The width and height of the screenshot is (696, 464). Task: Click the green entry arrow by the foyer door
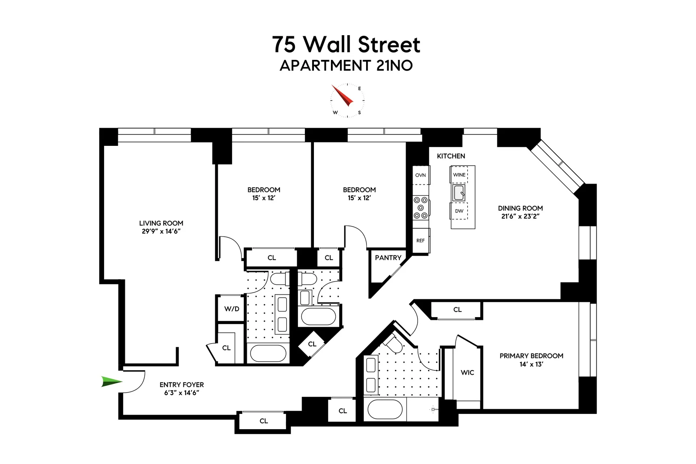[111, 382]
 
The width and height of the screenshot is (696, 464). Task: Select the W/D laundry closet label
[232, 309]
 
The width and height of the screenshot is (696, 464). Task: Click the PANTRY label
[388, 258]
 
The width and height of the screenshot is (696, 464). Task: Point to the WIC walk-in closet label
[467, 373]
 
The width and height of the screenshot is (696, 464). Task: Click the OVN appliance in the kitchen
[420, 175]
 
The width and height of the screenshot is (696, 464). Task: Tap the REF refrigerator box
[420, 241]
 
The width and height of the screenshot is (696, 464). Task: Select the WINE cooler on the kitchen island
[459, 175]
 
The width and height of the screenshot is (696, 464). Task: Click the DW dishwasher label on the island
[459, 211]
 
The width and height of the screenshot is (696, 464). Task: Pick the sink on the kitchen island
[459, 193]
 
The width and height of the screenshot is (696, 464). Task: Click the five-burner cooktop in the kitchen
[420, 208]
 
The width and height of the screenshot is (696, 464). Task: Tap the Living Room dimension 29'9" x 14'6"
[161, 231]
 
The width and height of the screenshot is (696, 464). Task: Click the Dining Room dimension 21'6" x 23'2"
[520, 217]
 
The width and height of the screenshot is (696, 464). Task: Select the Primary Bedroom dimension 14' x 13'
[531, 364]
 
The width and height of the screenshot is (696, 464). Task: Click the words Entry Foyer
[182, 385]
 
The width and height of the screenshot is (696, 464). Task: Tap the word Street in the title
[389, 45]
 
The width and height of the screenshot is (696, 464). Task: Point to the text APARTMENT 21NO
[346, 66]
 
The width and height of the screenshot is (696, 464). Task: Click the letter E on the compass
[359, 89]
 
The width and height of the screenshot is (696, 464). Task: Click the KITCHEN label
[451, 156]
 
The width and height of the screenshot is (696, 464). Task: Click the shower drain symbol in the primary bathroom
[433, 410]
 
